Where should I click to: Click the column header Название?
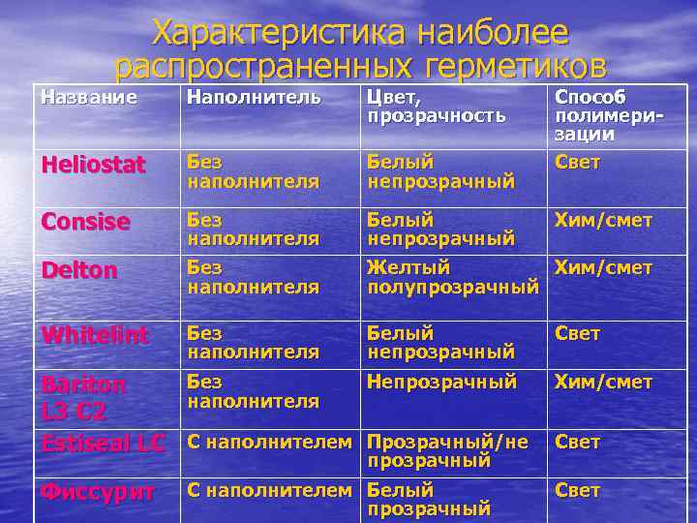[88, 97]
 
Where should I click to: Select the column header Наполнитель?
[254, 97]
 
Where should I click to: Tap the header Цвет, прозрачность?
[436, 107]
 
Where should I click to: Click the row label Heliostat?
[93, 165]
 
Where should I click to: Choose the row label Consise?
[85, 222]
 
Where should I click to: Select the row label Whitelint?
[94, 334]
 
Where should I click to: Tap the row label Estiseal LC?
[103, 443]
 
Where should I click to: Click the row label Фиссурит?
[97, 491]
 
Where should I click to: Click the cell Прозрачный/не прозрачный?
[448, 451]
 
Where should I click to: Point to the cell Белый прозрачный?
[429, 499]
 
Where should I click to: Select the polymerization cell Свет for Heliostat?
[577, 162]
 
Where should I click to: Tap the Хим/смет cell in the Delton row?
[602, 267]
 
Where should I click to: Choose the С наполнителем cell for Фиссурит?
[269, 490]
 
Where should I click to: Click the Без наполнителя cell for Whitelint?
[253, 342]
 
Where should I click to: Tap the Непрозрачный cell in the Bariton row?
[441, 383]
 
